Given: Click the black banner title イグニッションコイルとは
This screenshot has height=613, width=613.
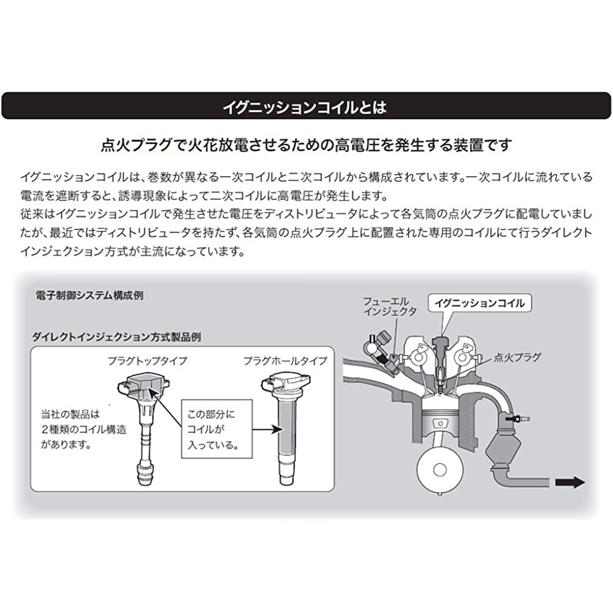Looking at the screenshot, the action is pos(305,107).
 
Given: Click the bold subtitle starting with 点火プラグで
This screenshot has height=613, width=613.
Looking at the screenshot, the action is pos(306,145).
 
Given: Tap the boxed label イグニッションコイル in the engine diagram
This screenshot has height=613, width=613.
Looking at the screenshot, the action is pos(480,303).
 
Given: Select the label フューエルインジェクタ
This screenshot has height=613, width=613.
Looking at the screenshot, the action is pos(390,306).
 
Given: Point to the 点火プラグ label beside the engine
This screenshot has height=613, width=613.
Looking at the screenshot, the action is pos(517,357).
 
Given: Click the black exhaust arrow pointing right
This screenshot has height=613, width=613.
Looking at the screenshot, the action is pos(570,482).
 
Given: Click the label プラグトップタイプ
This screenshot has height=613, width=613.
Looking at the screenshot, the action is pos(148,360).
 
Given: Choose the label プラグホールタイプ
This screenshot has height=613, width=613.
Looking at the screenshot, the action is pos(285,360).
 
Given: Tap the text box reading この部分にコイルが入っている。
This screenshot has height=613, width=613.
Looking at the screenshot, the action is pos(216,429).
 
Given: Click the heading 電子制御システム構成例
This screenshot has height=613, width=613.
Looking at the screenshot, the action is pos(89,295).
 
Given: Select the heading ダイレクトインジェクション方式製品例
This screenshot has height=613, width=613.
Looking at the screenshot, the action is pos(116,337).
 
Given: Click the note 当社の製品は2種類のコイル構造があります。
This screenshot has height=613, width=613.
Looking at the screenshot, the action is pos(83,429).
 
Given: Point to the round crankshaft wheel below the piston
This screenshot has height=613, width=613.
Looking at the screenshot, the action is pos(440,470).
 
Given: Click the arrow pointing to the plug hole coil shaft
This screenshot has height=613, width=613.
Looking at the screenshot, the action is pos(267,429).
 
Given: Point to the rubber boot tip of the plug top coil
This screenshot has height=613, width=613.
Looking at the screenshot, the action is pos(145,474).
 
